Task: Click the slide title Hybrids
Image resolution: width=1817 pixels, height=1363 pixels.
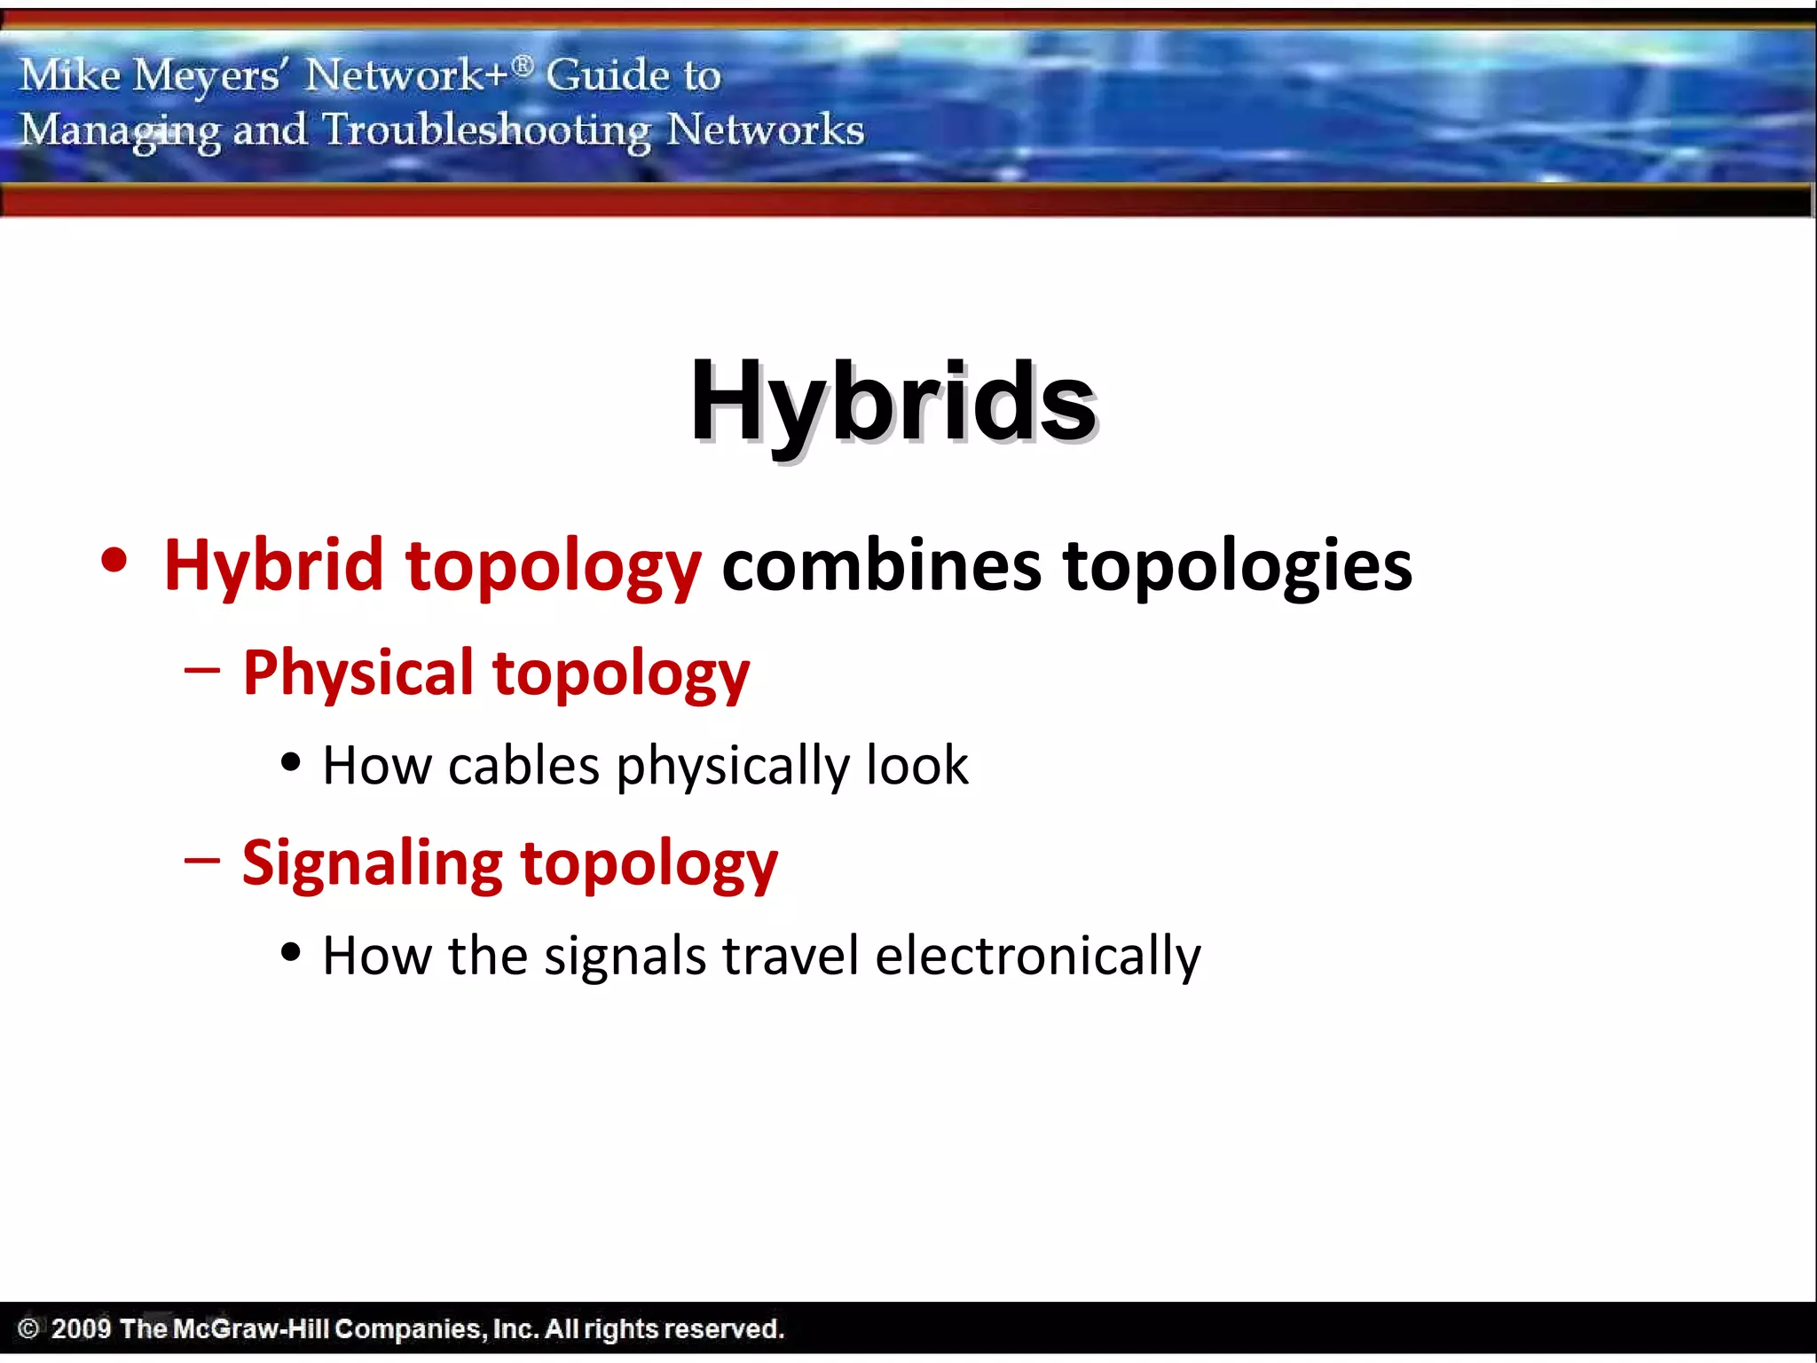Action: (x=893, y=401)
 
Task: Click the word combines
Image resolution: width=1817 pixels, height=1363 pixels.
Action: (x=881, y=565)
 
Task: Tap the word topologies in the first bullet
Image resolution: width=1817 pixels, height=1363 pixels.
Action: (x=1237, y=565)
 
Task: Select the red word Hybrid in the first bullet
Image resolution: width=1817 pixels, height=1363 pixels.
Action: (x=273, y=565)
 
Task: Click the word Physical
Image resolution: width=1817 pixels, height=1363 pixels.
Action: (x=358, y=672)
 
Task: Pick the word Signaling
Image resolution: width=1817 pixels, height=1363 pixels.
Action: (x=372, y=863)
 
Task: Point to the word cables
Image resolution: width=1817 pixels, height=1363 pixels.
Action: (x=523, y=765)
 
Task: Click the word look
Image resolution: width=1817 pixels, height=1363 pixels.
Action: (x=916, y=765)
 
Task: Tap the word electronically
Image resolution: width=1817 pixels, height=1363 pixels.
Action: (x=1037, y=956)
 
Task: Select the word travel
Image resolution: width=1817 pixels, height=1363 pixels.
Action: (x=791, y=956)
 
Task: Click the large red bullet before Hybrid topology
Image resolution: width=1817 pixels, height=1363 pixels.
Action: (x=114, y=561)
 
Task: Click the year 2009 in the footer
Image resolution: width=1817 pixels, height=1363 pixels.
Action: (x=81, y=1328)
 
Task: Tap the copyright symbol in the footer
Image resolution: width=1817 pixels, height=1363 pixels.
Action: (x=28, y=1328)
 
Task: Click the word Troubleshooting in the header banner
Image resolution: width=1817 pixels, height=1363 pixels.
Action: (x=486, y=130)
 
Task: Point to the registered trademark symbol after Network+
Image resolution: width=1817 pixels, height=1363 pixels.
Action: (x=523, y=64)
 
